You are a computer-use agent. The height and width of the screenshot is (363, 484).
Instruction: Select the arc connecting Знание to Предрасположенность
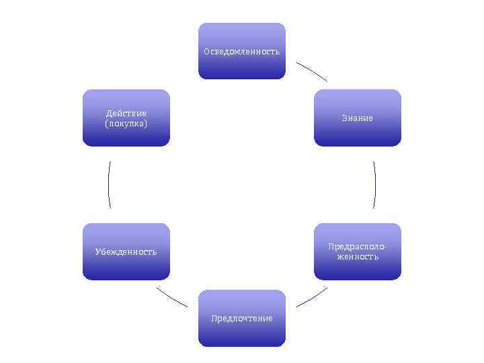click(374, 185)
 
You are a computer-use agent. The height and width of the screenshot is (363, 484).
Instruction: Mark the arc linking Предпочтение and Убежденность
click(171, 297)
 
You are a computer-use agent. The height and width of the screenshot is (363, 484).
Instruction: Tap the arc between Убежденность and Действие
click(108, 185)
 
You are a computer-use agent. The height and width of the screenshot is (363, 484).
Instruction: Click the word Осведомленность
click(242, 52)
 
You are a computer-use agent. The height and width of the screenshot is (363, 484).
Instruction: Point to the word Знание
click(357, 118)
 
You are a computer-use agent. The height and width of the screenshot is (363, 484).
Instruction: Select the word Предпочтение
click(242, 319)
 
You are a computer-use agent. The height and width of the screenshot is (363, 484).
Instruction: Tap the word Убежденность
click(126, 252)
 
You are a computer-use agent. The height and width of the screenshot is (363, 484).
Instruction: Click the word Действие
click(126, 114)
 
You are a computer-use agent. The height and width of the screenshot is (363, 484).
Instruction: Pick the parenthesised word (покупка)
click(126, 124)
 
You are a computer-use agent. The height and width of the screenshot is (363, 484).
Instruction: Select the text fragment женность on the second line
click(358, 257)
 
